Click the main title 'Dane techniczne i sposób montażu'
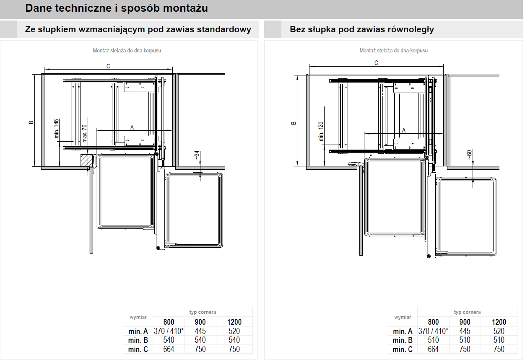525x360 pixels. tap(117, 8)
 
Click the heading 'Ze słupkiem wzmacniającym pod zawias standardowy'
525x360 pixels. tap(138, 29)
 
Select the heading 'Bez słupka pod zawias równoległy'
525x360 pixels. tap(361, 29)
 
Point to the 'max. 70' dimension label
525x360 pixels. tap(84, 133)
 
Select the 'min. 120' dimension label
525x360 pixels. tap(321, 131)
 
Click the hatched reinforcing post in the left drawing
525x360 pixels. tap(86, 160)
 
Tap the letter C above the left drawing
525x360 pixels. tap(108, 66)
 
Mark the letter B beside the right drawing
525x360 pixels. tap(294, 123)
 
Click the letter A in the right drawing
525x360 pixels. tap(404, 130)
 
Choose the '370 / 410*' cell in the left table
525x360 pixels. tap(169, 331)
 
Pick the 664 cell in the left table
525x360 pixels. tap(169, 349)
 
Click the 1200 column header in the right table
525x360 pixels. tap(499, 322)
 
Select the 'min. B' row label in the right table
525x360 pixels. tap(403, 340)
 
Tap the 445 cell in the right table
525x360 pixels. tap(465, 331)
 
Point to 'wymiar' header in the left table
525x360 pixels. tap(138, 317)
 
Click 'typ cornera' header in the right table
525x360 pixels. tap(467, 312)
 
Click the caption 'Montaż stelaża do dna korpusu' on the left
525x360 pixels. tap(127, 50)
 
